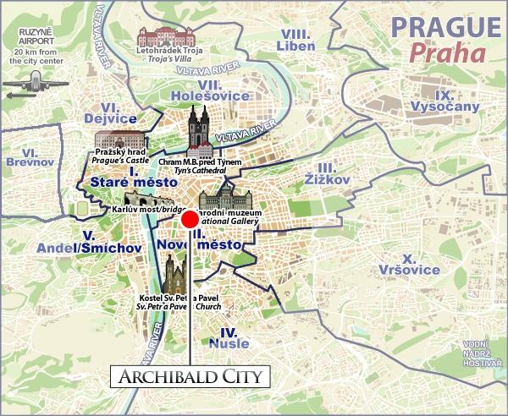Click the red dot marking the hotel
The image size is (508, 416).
click(x=190, y=219)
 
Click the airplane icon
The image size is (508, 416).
click(x=35, y=83)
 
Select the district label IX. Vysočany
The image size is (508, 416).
click(x=444, y=101)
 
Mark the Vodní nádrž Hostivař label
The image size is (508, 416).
click(x=479, y=350)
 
